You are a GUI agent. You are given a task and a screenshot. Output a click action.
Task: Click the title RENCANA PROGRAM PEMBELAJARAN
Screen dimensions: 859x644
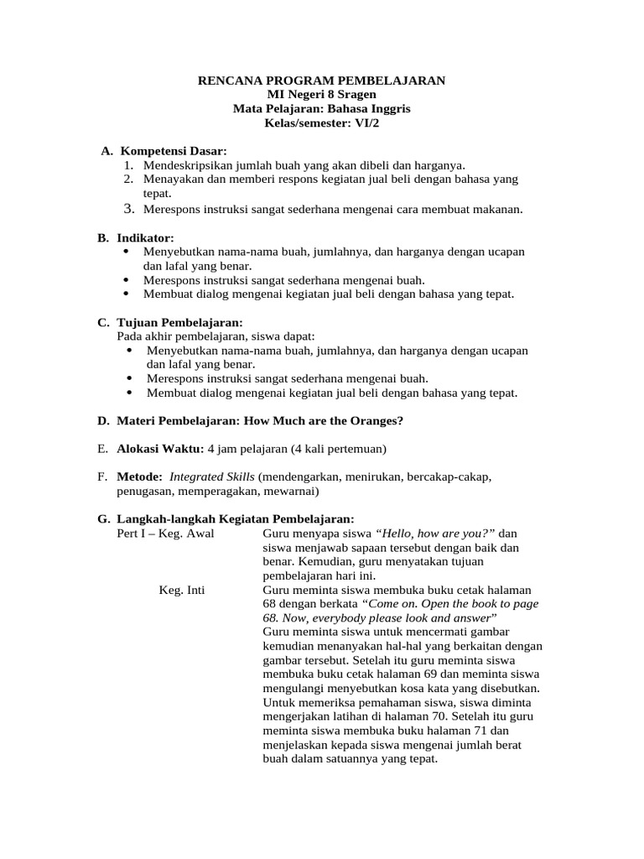point(321,81)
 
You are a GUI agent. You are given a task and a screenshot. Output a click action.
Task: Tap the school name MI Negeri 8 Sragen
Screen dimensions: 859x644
point(321,95)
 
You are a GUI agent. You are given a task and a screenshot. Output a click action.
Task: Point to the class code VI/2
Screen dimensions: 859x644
point(364,123)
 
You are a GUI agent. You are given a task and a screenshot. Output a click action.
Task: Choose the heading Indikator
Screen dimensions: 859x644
point(145,238)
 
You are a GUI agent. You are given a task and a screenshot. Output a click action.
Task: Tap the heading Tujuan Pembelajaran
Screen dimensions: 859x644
point(179,322)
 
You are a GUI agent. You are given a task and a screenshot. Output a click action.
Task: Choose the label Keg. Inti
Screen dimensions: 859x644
point(182,590)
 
